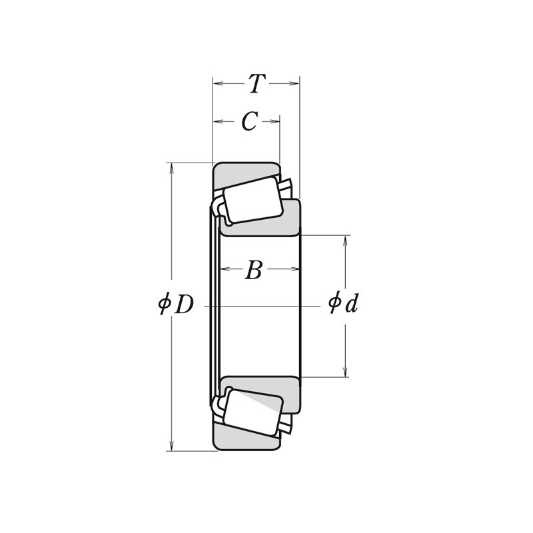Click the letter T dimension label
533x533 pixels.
tap(257, 84)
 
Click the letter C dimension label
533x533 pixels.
tap(249, 121)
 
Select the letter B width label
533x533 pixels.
tap(254, 270)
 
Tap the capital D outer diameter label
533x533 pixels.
tap(185, 304)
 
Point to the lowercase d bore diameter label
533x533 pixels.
tap(352, 303)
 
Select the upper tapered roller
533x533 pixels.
tap(253, 200)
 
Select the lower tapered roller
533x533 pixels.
tap(253, 412)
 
